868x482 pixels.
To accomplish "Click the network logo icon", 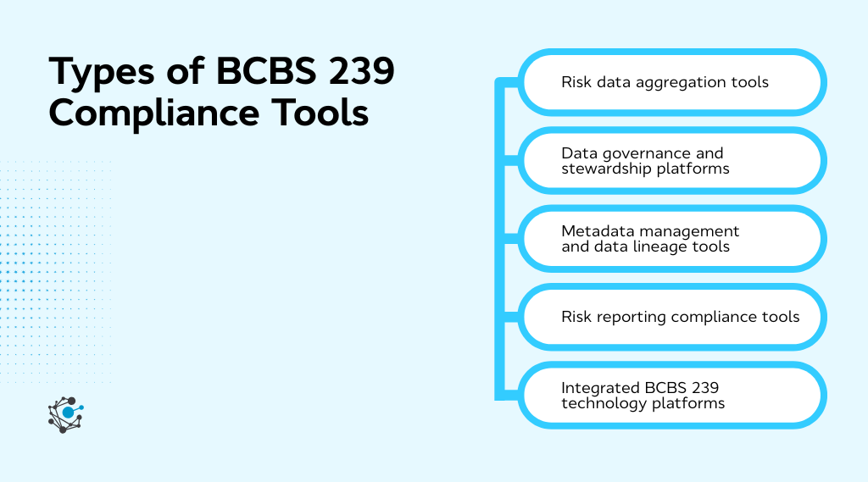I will [x=66, y=414].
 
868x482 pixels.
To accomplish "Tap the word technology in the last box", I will [x=602, y=403].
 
